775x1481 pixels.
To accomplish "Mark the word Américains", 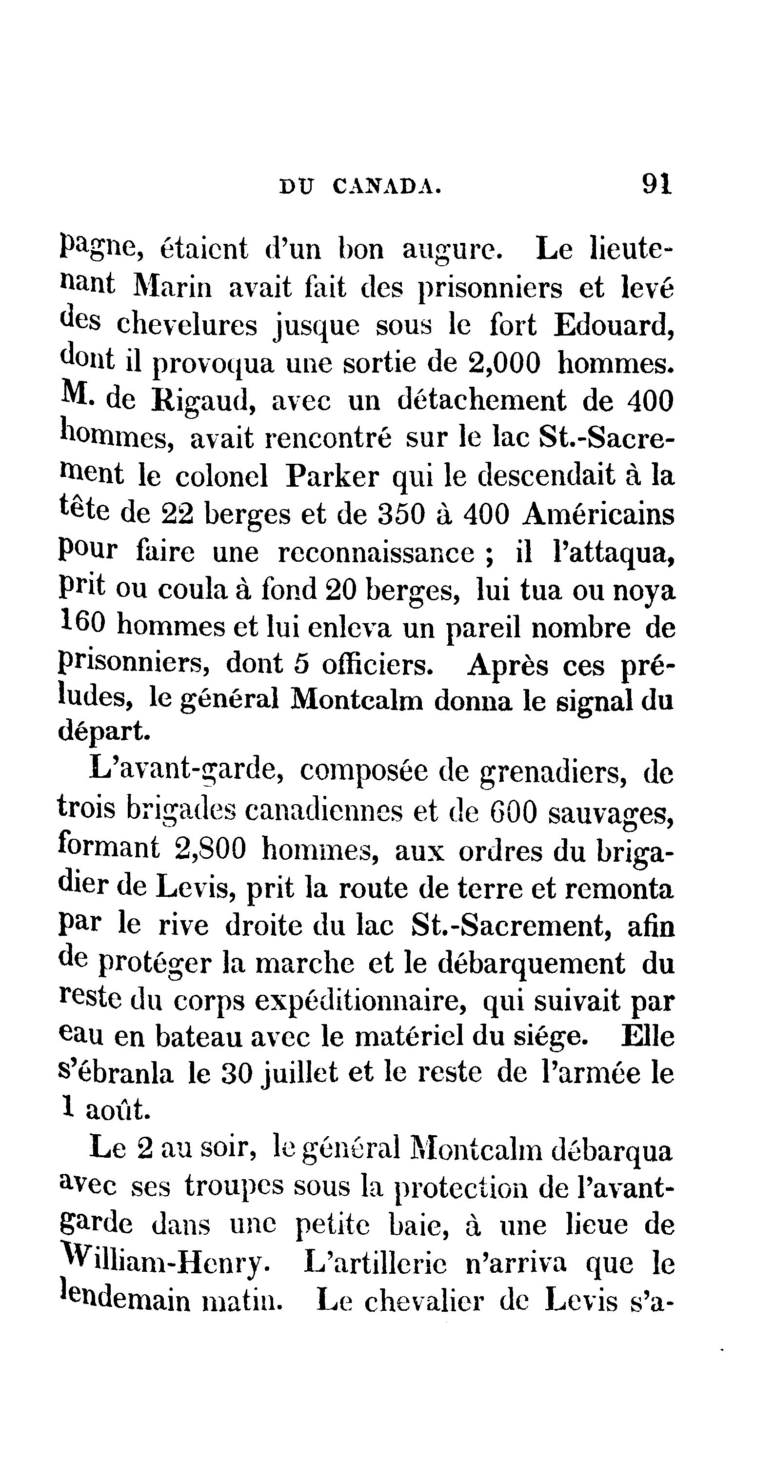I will [598, 513].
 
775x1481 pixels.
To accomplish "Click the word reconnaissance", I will [377, 553].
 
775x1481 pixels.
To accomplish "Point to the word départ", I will [104, 731].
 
